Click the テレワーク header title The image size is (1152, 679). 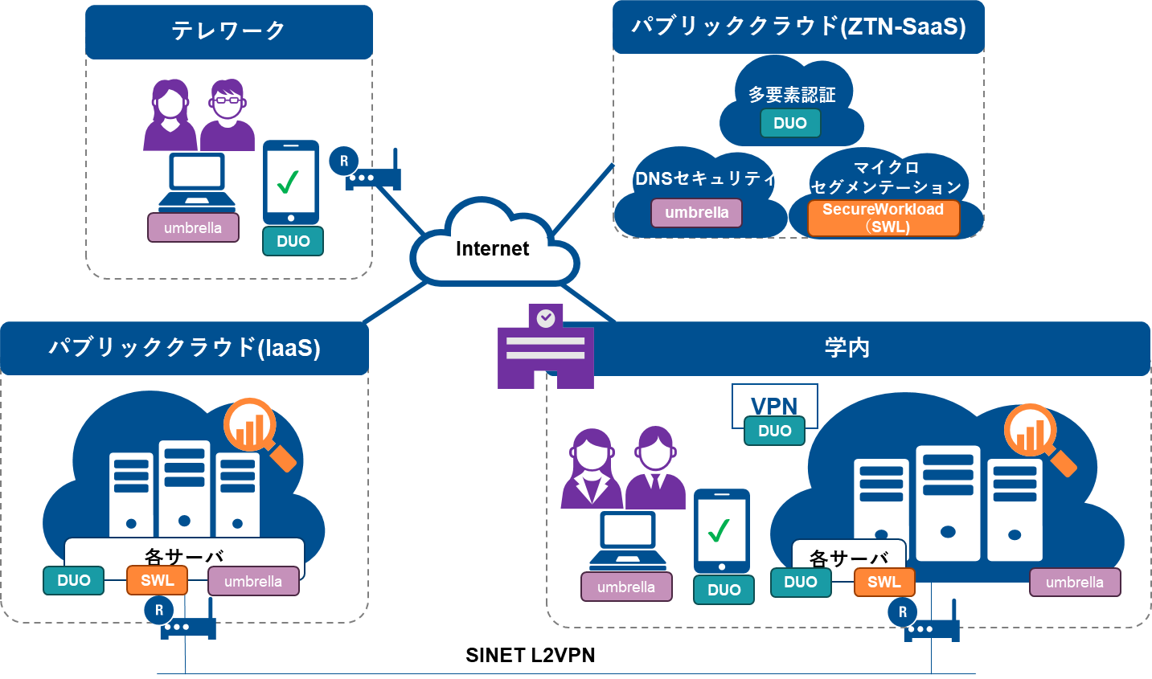tap(228, 31)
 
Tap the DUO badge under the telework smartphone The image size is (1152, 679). tap(293, 241)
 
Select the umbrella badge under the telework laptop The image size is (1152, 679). tap(193, 227)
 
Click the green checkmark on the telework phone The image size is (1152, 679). tap(288, 182)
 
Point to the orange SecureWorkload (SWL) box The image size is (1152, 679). tap(883, 218)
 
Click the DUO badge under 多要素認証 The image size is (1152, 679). tap(789, 123)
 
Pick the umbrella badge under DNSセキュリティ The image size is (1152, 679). tap(696, 213)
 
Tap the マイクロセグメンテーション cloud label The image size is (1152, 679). tap(886, 177)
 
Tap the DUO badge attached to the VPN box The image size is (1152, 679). tap(774, 431)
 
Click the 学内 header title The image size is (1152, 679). tap(847, 348)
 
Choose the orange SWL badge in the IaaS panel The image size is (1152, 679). tap(157, 580)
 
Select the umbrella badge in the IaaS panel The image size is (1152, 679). tap(253, 581)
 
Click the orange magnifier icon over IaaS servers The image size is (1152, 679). tap(257, 432)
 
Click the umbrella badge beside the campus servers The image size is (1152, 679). tap(1075, 583)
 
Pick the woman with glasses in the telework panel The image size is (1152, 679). tap(228, 114)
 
